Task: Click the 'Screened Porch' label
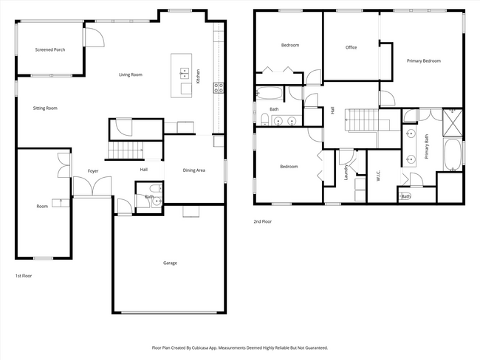pyautogui.click(x=51, y=50)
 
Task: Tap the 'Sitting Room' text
pyautogui.click(x=45, y=108)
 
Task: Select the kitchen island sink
pyautogui.click(x=183, y=73)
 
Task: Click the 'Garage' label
pyautogui.click(x=170, y=263)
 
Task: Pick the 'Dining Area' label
pyautogui.click(x=193, y=170)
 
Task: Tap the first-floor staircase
pyautogui.click(x=125, y=152)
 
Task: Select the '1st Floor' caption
pyautogui.click(x=24, y=275)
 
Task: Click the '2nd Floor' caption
pyautogui.click(x=262, y=221)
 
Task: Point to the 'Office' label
pyautogui.click(x=351, y=47)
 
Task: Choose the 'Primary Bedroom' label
pyautogui.click(x=423, y=60)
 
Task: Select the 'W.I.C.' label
pyautogui.click(x=377, y=177)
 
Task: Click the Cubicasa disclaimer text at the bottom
pyautogui.click(x=239, y=347)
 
